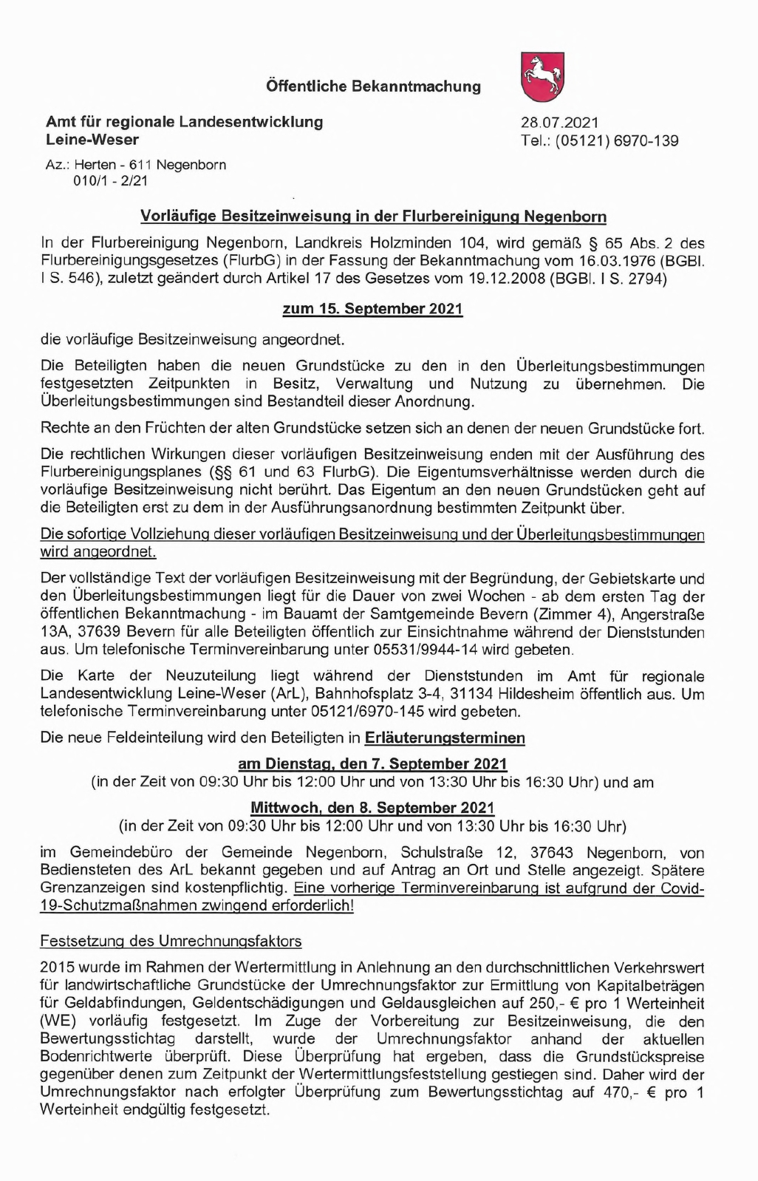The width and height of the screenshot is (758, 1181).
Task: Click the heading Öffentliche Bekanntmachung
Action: [373, 86]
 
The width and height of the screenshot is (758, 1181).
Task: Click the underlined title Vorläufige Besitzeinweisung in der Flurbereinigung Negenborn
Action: [373, 217]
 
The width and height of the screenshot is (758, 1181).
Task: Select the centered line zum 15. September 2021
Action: [372, 308]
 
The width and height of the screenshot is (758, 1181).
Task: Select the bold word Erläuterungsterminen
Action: [445, 738]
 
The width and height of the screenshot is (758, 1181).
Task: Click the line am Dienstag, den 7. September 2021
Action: [372, 763]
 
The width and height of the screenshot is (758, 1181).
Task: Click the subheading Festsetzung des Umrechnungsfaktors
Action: [171, 941]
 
